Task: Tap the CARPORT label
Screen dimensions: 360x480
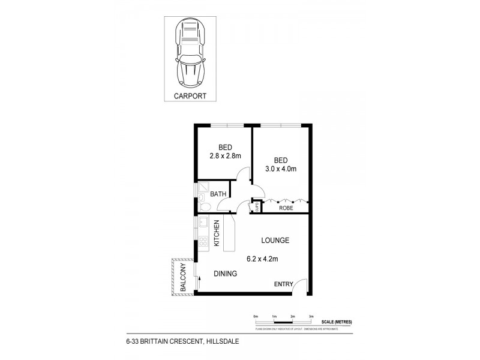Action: pos(189,95)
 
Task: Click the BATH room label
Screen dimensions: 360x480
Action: pos(218,194)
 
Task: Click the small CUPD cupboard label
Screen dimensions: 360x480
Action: pos(257,208)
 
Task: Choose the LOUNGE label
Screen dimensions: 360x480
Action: pos(275,241)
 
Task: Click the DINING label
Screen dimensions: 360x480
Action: pos(226,274)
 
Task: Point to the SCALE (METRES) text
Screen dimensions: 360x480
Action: pos(336,322)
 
